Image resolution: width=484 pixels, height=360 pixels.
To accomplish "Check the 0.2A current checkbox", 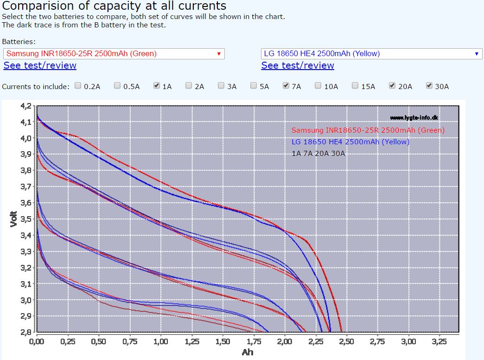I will [x=78, y=86].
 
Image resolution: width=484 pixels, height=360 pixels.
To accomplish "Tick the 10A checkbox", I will [x=318, y=86].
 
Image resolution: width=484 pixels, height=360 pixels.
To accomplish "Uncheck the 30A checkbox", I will [x=429, y=86].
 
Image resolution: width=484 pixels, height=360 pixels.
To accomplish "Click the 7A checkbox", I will [x=286, y=86].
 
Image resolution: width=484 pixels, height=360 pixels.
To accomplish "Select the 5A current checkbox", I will [x=254, y=86].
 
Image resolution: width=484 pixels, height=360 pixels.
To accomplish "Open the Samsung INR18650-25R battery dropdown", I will [x=114, y=53].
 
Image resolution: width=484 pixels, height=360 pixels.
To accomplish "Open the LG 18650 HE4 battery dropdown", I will [x=371, y=53].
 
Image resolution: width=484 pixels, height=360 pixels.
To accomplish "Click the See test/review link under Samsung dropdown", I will [x=40, y=65].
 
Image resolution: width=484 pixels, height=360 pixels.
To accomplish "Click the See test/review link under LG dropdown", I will [x=298, y=65].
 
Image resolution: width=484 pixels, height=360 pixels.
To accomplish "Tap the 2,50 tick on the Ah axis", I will [x=346, y=341].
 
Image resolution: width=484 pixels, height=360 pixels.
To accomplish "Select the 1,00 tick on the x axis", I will [x=160, y=341].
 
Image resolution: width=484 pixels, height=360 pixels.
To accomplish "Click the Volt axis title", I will [x=14, y=219].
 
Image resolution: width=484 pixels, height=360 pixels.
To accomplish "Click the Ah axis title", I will [x=248, y=353].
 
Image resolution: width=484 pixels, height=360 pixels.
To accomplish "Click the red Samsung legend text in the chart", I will [x=368, y=130].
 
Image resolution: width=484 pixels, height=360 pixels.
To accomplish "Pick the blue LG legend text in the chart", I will [x=350, y=142].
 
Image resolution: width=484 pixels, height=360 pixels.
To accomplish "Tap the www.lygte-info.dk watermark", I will [x=414, y=118].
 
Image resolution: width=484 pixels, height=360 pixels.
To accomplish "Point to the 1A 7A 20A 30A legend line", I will [x=318, y=154].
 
